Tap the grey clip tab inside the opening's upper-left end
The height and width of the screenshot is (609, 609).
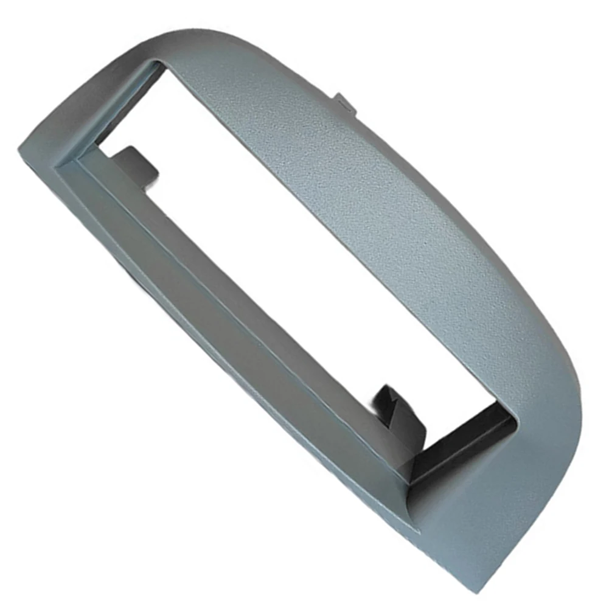[x=135, y=163]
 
